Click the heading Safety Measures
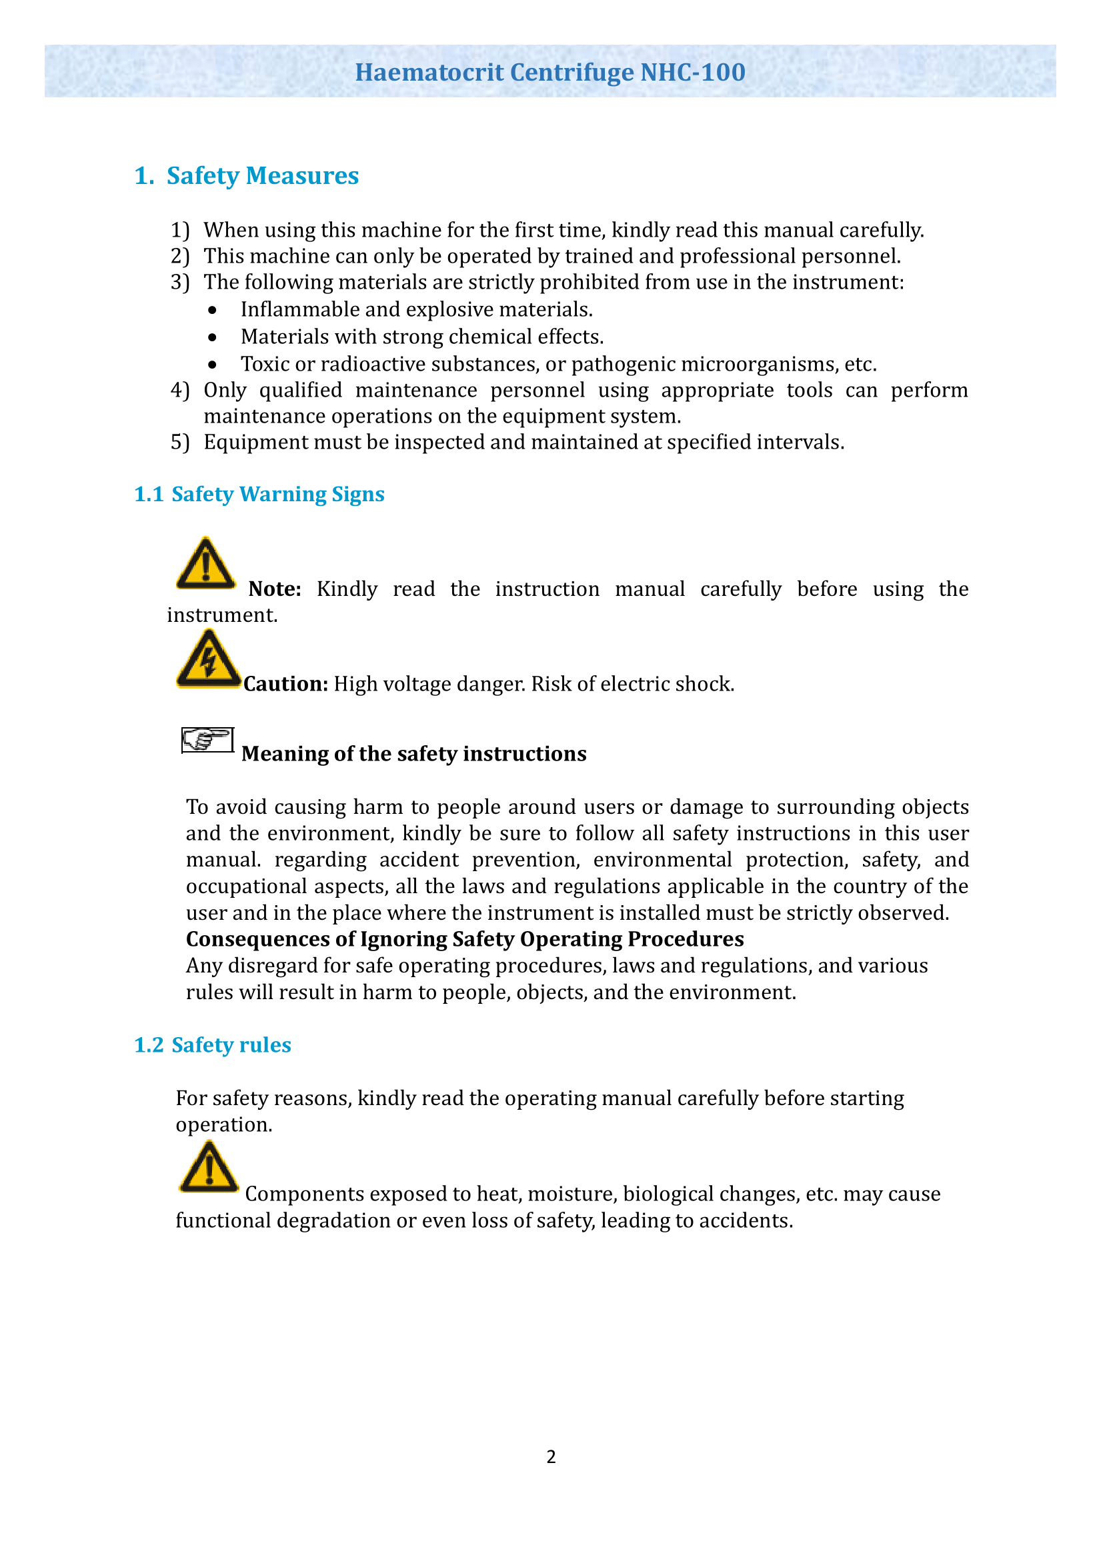pos(262,176)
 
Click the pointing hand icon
pos(207,739)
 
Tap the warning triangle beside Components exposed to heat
pos(209,1167)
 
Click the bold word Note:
pos(274,589)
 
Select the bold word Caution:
pos(286,684)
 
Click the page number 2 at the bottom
pos(551,1456)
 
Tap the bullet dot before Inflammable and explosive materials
pos(213,311)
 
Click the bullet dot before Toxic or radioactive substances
pos(213,365)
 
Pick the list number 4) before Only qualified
pos(180,391)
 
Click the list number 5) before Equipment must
pos(180,443)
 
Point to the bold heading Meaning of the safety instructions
pos(413,754)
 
